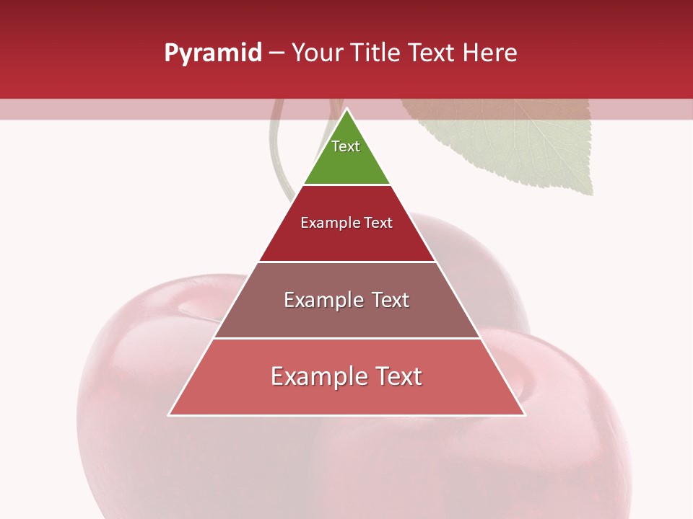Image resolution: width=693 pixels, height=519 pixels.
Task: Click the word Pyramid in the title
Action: click(213, 53)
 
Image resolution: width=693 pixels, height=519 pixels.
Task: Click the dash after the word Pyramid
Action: click(276, 54)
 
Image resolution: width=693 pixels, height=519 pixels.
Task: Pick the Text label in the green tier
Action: click(346, 146)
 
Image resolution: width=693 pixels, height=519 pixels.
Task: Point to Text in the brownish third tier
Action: click(391, 300)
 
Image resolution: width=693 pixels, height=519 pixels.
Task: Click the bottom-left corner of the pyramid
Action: click(169, 415)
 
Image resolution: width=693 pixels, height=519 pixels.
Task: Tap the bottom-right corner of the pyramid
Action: click(525, 415)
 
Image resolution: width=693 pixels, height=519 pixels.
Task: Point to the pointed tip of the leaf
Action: click(590, 193)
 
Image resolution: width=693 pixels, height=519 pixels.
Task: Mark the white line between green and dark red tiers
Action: click(346, 185)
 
